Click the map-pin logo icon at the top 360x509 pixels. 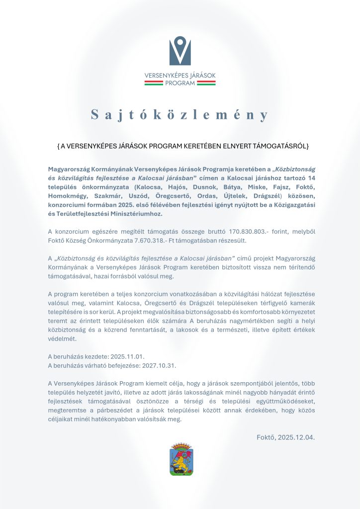[180, 51]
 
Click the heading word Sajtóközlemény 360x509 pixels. [180, 115]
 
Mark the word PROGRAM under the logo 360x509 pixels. [180, 83]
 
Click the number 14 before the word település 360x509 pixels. [311, 178]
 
